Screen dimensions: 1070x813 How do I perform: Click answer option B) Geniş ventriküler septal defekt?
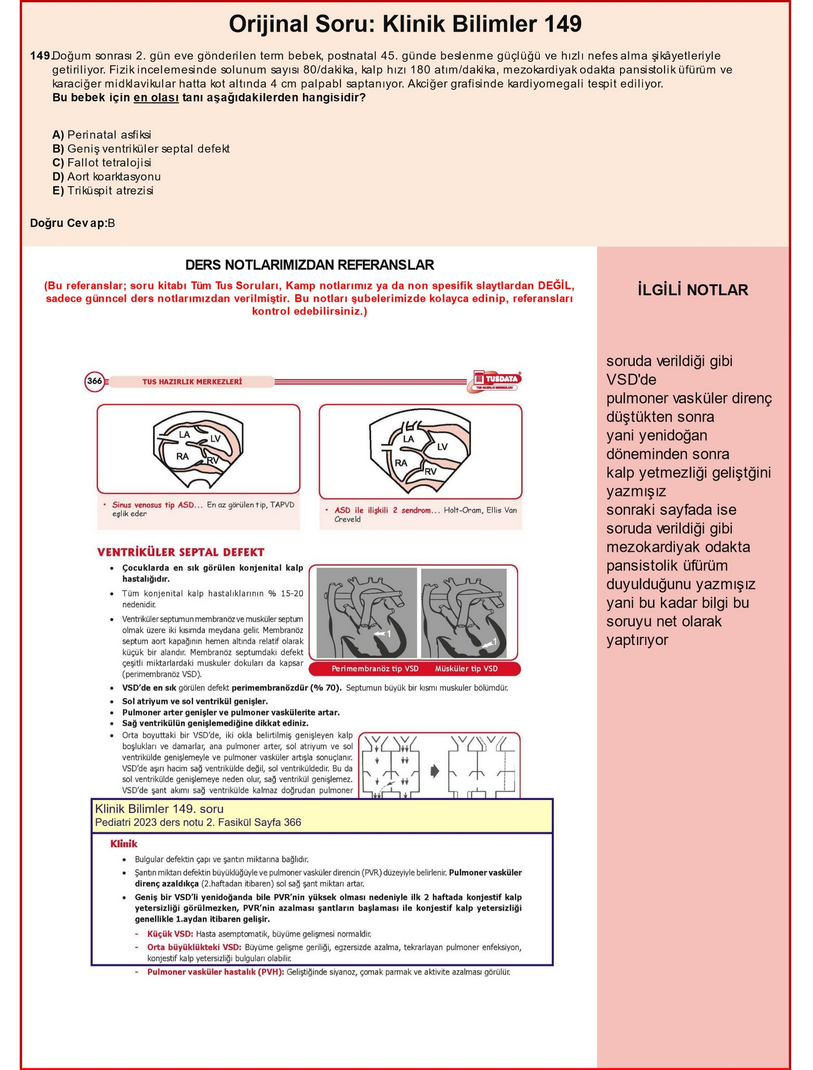pyautogui.click(x=141, y=149)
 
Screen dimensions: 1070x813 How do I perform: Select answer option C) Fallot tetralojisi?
pyautogui.click(x=102, y=163)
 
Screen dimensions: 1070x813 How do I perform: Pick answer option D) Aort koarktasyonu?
pyautogui.click(x=106, y=177)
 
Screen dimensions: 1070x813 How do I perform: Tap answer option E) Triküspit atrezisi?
pyautogui.click(x=103, y=191)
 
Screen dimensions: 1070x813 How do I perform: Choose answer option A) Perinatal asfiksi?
pyautogui.click(x=102, y=134)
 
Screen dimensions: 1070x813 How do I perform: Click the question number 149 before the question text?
pyautogui.click(x=40, y=56)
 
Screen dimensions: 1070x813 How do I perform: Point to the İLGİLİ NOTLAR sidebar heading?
pyautogui.click(x=693, y=290)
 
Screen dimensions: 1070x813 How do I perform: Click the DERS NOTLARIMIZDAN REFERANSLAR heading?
pyautogui.click(x=309, y=265)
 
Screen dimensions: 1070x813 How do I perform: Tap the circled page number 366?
pyautogui.click(x=95, y=381)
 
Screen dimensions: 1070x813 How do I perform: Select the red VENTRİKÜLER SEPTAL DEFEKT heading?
pyautogui.click(x=181, y=552)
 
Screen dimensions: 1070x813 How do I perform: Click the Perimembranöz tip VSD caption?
pyautogui.click(x=375, y=669)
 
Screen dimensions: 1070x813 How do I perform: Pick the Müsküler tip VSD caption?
pyautogui.click(x=466, y=669)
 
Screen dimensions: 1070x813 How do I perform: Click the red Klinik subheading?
pyautogui.click(x=124, y=844)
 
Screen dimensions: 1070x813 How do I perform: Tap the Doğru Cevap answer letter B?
pyautogui.click(x=111, y=223)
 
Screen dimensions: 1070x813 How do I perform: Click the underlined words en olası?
pyautogui.click(x=156, y=98)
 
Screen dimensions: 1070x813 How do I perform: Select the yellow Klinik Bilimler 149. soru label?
pyautogui.click(x=159, y=809)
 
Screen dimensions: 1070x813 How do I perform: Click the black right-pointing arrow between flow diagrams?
pyautogui.click(x=435, y=771)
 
